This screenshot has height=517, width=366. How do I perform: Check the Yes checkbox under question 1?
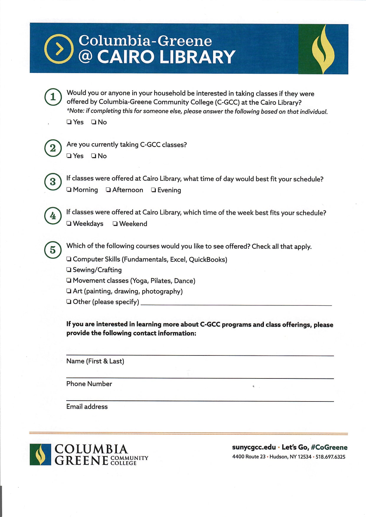(69, 122)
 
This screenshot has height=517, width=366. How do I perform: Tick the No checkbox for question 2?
(94, 156)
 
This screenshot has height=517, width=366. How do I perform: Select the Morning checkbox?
(69, 190)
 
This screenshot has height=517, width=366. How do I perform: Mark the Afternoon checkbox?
(108, 190)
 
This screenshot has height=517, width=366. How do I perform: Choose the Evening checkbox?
(153, 190)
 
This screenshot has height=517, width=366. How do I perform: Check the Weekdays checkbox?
(69, 224)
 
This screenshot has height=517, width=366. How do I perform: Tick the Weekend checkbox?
(115, 224)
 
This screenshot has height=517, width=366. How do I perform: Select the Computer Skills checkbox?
(69, 259)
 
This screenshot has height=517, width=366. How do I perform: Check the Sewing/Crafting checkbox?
(69, 270)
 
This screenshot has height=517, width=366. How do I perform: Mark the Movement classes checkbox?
(69, 280)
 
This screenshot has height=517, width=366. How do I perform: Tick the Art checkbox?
(69, 291)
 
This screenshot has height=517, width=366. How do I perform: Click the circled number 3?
(53, 182)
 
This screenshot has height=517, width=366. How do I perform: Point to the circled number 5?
(53, 250)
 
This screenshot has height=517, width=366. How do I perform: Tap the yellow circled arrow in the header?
(59, 49)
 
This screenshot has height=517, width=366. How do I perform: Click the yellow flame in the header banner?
(323, 49)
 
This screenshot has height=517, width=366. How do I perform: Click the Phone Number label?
(89, 384)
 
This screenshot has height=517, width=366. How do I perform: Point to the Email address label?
(87, 407)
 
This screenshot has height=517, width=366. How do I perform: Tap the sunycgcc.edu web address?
(254, 447)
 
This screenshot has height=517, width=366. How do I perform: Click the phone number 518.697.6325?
(330, 457)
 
